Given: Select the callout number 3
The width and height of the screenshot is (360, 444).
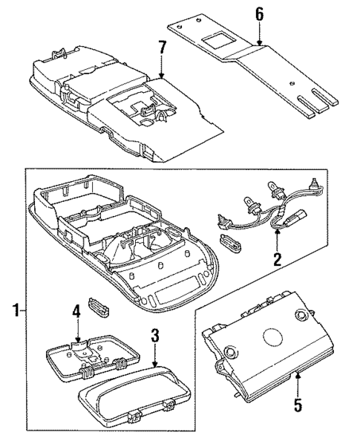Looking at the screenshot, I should [154, 334].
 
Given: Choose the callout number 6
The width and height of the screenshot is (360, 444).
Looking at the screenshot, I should [259, 14].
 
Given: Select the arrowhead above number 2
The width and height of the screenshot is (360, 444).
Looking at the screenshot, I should [276, 232].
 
